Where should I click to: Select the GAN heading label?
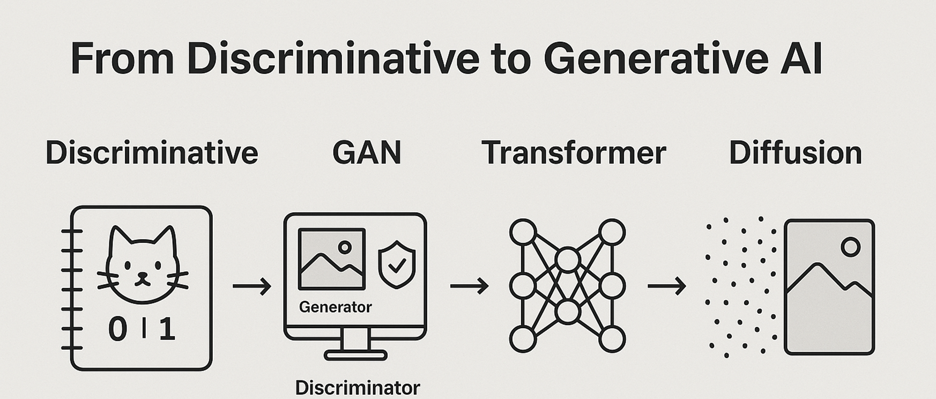pos(367,153)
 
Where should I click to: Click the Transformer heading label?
pos(574,153)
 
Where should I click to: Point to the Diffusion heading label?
pos(796,153)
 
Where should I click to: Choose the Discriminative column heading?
pos(152,153)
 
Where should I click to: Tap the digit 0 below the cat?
pos(118,328)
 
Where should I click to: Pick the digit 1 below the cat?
pos(167,328)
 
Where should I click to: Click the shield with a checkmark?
pos(397,264)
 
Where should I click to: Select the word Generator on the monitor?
pos(335,307)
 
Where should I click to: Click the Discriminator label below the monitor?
pos(358,387)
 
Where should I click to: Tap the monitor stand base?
pos(355,354)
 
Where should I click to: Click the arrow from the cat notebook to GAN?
pos(251,286)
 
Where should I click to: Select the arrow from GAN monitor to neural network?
pos(469,286)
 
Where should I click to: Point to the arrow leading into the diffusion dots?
pos(666,286)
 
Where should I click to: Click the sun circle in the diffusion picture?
pos(850,247)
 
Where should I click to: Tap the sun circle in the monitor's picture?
pos(345,247)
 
